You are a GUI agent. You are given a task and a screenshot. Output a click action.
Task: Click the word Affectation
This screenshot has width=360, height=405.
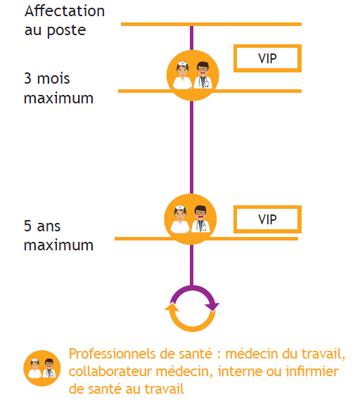point(65,11)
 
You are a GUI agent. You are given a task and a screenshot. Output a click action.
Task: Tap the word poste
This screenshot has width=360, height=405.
point(66,31)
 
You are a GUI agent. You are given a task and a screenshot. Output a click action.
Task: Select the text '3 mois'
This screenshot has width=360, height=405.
point(46,78)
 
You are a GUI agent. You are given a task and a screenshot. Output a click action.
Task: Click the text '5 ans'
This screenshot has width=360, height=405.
point(42,226)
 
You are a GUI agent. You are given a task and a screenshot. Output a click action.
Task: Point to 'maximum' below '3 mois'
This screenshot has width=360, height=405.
point(58,98)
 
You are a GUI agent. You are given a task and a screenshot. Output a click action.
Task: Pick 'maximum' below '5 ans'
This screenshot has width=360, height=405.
point(58,245)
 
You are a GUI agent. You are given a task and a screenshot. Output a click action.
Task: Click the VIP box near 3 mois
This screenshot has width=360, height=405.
point(268,58)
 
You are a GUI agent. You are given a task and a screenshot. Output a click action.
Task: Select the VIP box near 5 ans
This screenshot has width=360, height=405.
point(268,219)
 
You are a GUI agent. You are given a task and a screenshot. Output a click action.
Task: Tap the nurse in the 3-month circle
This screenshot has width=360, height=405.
point(182,75)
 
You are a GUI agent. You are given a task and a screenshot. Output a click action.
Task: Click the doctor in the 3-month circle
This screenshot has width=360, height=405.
point(203,75)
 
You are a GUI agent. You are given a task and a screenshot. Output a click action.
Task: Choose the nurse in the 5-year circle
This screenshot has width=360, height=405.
point(180,219)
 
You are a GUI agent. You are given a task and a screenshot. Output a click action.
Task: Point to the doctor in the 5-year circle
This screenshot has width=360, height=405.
point(200,219)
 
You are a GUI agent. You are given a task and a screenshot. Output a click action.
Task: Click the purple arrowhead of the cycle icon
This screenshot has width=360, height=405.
point(212,307)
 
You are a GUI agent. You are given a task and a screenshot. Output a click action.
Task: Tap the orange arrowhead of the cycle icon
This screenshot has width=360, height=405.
point(172,307)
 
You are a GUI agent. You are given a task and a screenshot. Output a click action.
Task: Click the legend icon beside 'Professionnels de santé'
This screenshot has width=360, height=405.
point(42,368)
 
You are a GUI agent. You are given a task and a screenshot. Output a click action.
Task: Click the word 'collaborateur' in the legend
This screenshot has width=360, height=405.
point(110,371)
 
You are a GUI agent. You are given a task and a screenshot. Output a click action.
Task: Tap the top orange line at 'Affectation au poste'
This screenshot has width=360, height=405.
point(211,25)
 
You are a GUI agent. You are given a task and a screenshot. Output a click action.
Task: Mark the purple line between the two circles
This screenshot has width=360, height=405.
point(192,147)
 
